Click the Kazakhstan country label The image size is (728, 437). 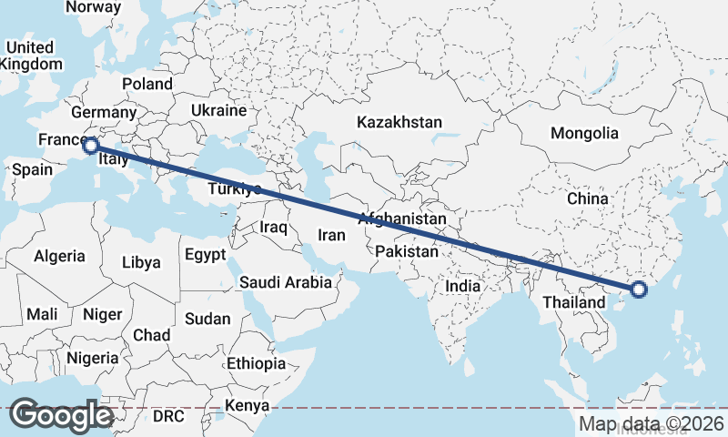399,122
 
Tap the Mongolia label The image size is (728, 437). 584,133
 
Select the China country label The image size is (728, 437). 587,198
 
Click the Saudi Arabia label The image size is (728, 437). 286,282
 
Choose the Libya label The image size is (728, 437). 141,262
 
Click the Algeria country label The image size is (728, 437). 59,257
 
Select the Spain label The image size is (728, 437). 32,169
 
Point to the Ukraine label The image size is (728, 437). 217,110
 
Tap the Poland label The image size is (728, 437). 147,84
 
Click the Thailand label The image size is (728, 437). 576,301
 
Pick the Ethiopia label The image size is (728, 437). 256,363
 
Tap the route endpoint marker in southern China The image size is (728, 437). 639,290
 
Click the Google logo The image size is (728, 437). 62,415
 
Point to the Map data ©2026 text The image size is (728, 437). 652,423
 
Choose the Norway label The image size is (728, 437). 94,6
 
